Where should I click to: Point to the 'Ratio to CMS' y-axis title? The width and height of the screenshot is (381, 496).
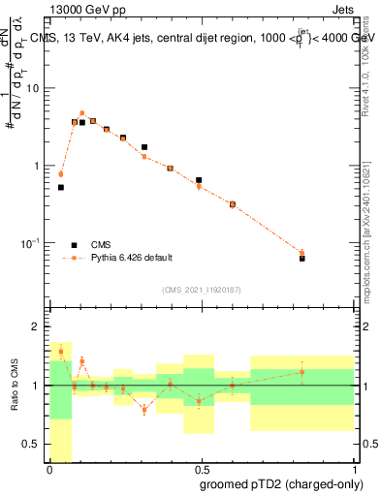[15, 386]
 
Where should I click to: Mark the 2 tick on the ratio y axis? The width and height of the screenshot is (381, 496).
[38, 326]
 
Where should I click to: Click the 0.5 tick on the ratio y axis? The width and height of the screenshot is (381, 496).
[34, 445]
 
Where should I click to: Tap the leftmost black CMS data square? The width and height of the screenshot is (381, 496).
[61, 188]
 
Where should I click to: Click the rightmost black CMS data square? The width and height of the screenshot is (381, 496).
[302, 259]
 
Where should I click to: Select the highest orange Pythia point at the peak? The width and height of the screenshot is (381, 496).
[82, 113]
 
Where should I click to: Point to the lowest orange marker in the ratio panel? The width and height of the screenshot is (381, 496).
[144, 410]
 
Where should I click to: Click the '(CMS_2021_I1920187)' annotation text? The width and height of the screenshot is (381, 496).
[201, 288]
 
